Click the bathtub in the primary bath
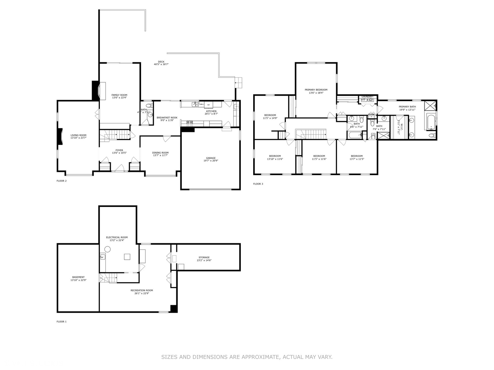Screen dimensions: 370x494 pyautogui.click(x=431, y=121)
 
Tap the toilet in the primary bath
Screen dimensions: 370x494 pyautogui.click(x=431, y=136)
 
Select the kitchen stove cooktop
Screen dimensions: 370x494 pyautogui.click(x=190, y=122)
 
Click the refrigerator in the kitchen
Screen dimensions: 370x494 pyautogui.click(x=208, y=104)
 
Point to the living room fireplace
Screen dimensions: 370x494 pyautogui.click(x=60, y=136)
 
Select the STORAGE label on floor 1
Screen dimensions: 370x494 pyautogui.click(x=204, y=257)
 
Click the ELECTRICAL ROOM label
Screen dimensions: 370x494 pyautogui.click(x=117, y=237)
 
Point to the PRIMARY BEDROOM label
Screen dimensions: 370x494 pyautogui.click(x=316, y=90)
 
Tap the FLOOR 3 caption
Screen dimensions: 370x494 pyautogui.click(x=258, y=184)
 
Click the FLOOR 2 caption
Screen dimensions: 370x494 pyautogui.click(x=61, y=181)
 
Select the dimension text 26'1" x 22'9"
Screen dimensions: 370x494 pyautogui.click(x=142, y=293)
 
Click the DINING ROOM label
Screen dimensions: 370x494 pyautogui.click(x=160, y=153)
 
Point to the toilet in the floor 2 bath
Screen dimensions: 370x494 pyautogui.click(x=148, y=106)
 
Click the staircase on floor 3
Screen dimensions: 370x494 pyautogui.click(x=311, y=134)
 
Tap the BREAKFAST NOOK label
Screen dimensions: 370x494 pyautogui.click(x=167, y=118)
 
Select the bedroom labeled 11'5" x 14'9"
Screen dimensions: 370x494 pyautogui.click(x=270, y=116)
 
